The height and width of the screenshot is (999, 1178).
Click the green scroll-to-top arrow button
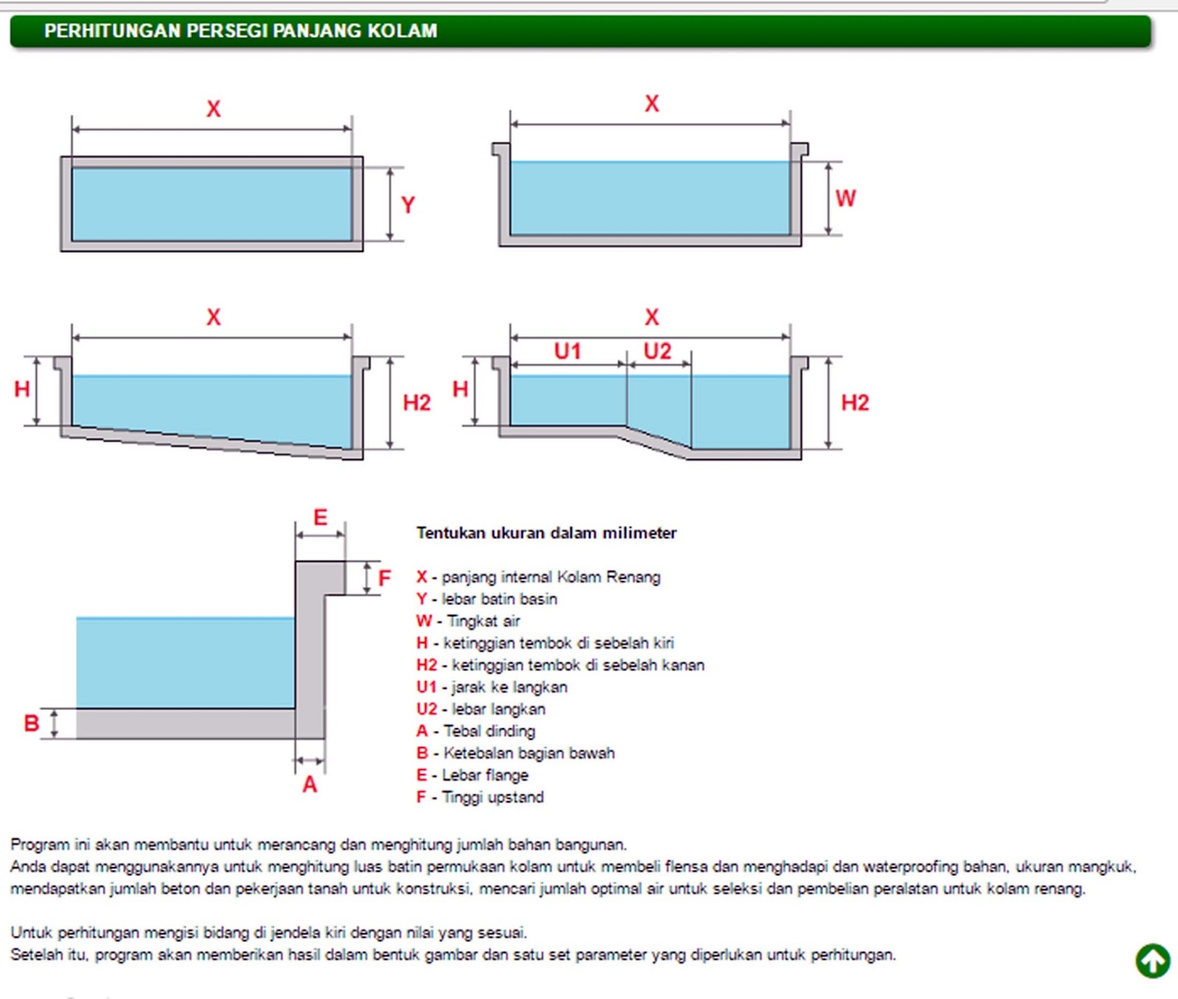tap(1152, 961)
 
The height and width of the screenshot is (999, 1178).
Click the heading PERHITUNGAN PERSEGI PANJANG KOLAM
tap(241, 31)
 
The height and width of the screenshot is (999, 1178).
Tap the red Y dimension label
tap(408, 205)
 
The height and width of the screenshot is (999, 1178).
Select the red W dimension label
tap(845, 198)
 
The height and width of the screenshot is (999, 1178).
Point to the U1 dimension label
tap(568, 351)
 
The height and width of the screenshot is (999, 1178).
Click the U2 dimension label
tap(657, 351)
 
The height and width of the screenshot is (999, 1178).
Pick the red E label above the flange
tap(320, 518)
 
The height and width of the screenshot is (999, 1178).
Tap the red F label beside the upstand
tap(384, 578)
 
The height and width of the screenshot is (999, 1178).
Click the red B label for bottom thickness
tap(31, 723)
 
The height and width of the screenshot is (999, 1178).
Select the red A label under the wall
tap(310, 785)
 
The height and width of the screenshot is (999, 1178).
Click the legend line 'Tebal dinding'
tap(490, 731)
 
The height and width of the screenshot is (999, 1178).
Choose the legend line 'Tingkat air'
tap(483, 621)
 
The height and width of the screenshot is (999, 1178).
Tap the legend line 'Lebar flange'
tap(485, 775)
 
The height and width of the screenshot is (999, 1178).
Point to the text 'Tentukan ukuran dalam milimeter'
tap(546, 533)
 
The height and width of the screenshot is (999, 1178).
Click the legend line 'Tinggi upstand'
tap(493, 797)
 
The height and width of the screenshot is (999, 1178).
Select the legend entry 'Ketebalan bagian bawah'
tap(529, 753)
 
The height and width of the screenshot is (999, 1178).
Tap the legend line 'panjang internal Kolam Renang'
tap(551, 576)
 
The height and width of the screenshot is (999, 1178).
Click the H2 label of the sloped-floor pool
tap(417, 403)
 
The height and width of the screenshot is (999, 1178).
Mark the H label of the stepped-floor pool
tap(460, 389)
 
